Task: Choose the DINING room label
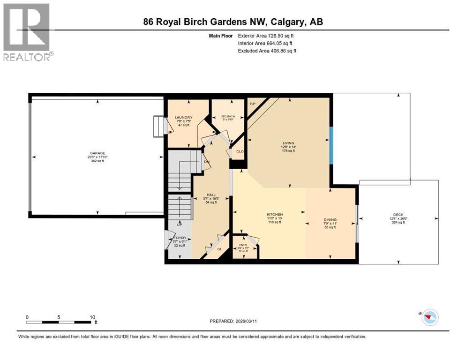[330, 219]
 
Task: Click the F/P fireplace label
[252, 103]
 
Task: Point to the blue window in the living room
[331, 145]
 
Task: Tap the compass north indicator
[429, 317]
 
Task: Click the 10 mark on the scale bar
[92, 317]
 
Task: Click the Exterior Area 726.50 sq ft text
[266, 35]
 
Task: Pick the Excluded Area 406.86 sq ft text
[267, 51]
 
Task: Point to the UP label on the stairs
[179, 225]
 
